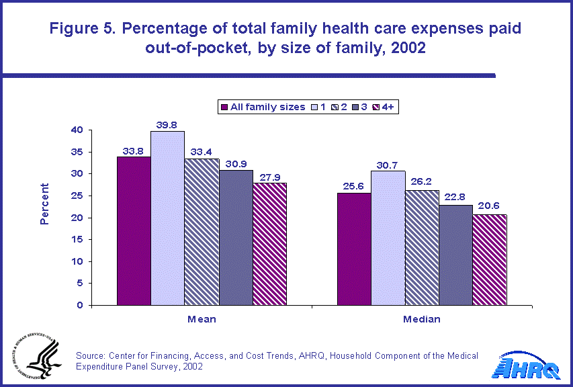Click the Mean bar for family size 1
168,218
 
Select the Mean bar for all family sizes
134,231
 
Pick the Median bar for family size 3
456,255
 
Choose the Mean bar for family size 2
202,232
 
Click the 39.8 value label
168,125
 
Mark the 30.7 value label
388,165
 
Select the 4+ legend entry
389,107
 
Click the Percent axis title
44,204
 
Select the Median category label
422,319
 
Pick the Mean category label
202,319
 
